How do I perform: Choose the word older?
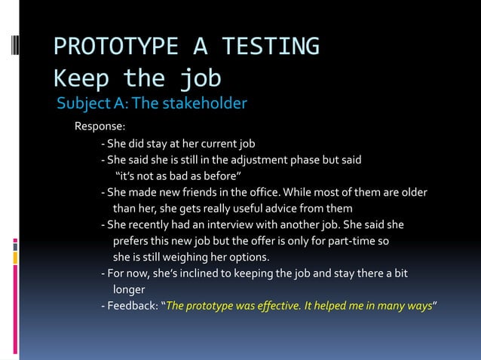point(413,192)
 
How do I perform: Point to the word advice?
point(273,208)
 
